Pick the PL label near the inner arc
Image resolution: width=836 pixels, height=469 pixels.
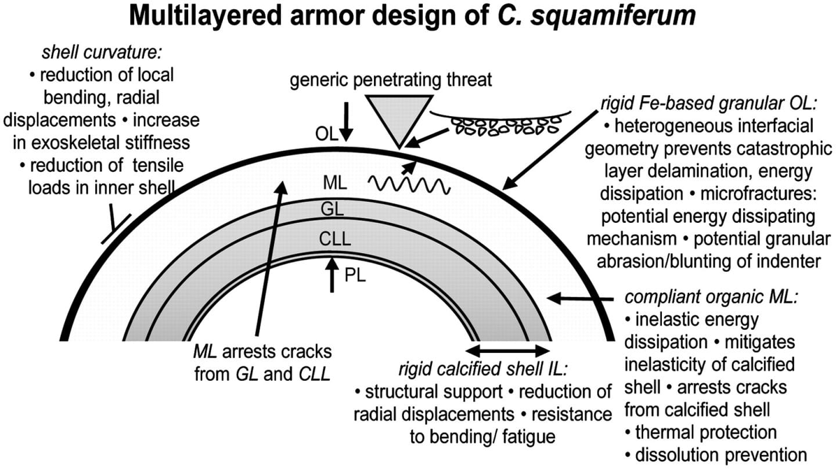coord(355,276)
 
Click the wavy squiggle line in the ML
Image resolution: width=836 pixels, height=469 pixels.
coord(409,185)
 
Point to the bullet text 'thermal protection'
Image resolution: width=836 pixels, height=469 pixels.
coord(706,432)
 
